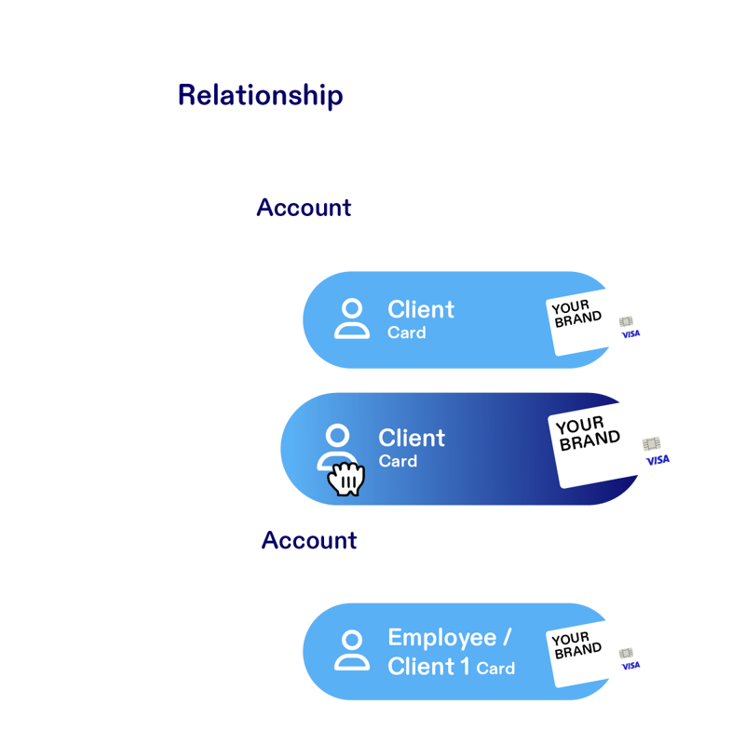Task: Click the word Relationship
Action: pos(260,96)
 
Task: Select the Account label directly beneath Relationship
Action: pos(304,208)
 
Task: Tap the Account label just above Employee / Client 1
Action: pos(309,540)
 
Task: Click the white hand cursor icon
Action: pos(345,479)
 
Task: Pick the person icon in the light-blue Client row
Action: pos(351,318)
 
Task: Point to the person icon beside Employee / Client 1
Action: pos(351,650)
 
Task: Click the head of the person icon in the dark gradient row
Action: pos(337,435)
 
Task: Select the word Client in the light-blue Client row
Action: pos(421,309)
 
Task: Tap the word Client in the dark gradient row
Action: pos(412,438)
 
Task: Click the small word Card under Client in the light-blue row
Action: pos(406,332)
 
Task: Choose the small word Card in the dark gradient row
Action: pos(398,461)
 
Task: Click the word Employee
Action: pos(441,638)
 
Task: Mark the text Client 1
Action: pos(428,667)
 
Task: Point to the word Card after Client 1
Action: pos(495,669)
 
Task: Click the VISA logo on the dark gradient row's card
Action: pos(657,460)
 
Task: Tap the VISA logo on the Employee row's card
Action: pos(630,665)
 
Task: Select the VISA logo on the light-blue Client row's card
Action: pos(630,333)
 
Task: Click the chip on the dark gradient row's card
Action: pos(650,444)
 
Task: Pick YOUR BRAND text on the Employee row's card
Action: pos(571,644)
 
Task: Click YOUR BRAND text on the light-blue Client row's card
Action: pos(576,314)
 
